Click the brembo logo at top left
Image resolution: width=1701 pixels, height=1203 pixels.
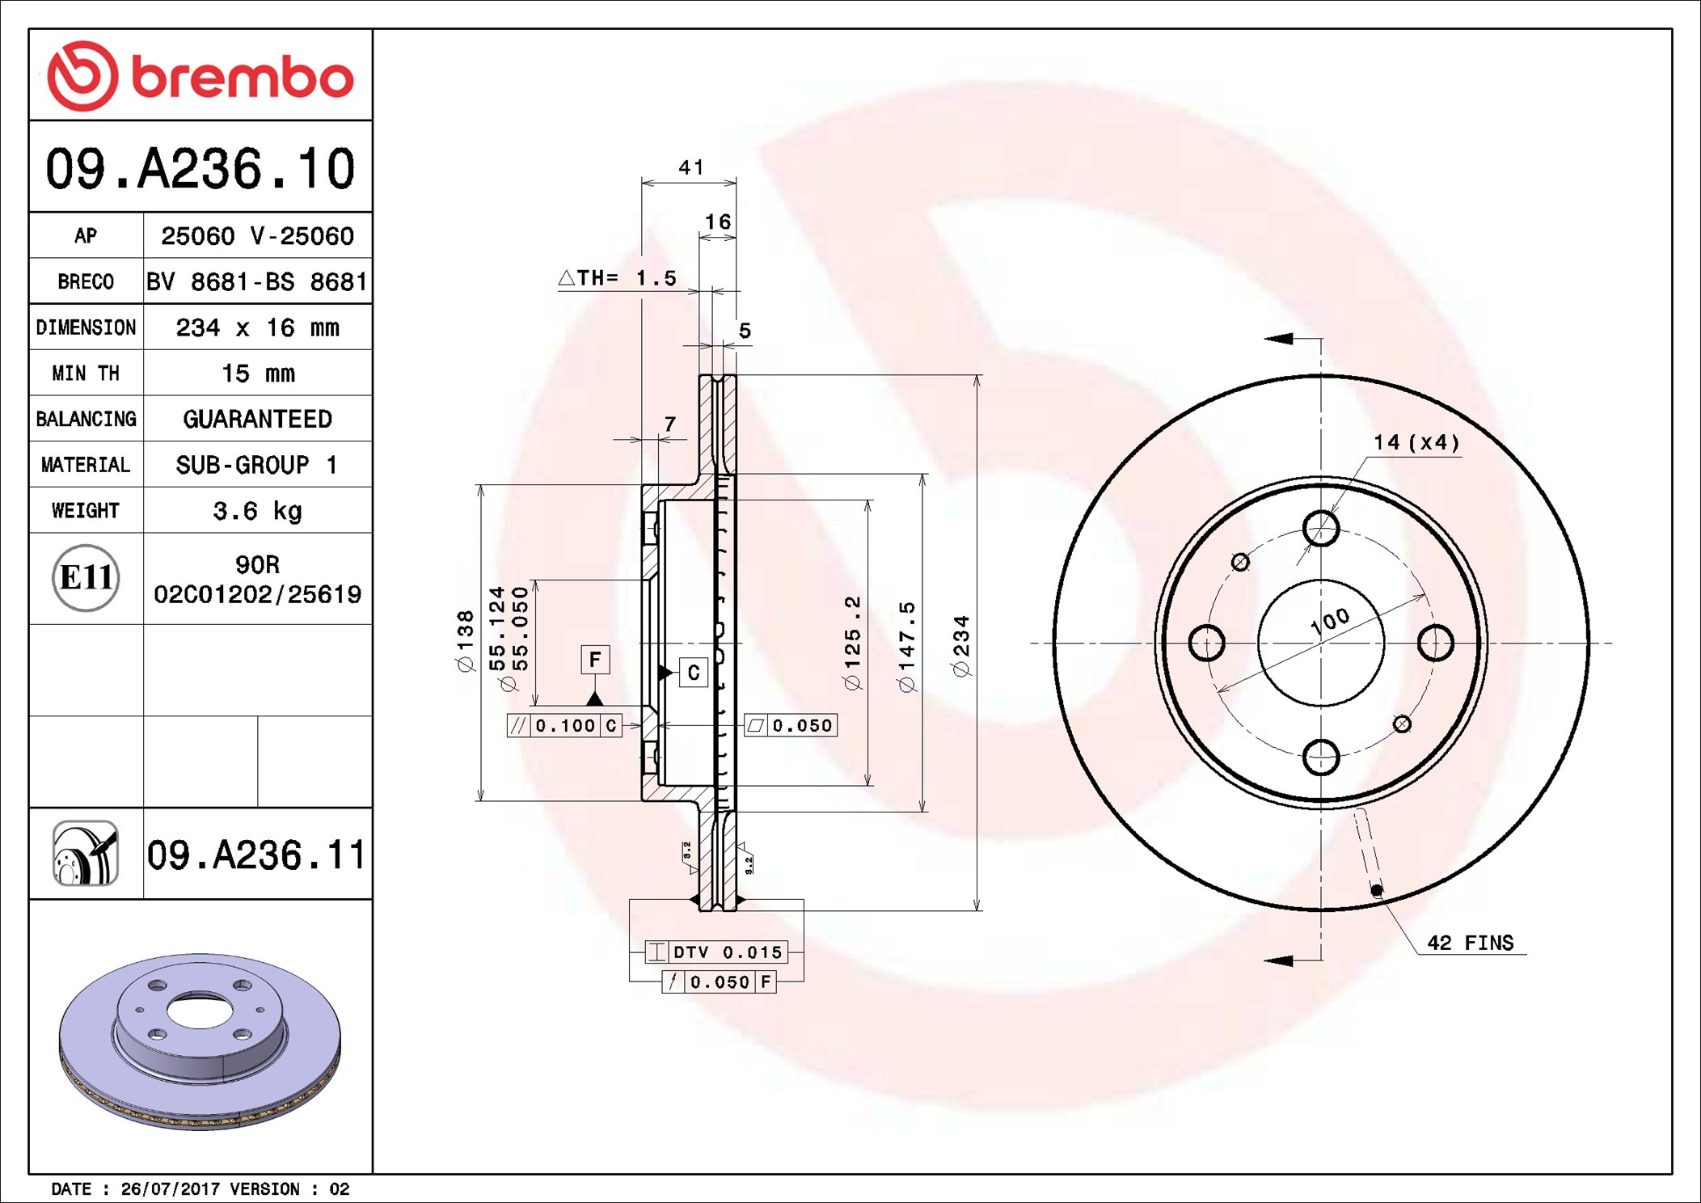[x=200, y=76]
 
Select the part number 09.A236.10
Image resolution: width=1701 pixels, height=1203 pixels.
[x=200, y=169]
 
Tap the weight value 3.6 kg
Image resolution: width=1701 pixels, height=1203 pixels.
[x=257, y=511]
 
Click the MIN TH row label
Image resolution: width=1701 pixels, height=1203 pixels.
[x=86, y=373]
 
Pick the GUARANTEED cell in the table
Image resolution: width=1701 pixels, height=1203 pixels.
[x=257, y=419]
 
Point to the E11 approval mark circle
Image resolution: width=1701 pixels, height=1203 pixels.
[x=86, y=578]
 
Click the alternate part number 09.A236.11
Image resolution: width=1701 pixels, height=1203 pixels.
[x=256, y=855]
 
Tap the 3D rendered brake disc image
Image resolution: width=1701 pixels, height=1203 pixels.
[x=200, y=1041]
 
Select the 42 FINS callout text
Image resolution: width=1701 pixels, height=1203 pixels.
[x=1470, y=943]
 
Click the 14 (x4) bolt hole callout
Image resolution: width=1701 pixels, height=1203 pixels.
[x=1416, y=442]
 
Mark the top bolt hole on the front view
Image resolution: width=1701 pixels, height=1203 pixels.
[x=1321, y=529]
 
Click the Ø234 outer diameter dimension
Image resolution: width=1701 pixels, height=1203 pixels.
[x=960, y=645]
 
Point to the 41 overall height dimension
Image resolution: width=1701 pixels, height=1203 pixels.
[x=691, y=167]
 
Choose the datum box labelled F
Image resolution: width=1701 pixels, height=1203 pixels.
[x=595, y=660]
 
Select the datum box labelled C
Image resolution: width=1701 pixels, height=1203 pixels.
[x=694, y=673]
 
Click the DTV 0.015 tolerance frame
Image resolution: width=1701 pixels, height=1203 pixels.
[x=716, y=952]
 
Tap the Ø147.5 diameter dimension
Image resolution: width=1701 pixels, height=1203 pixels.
[x=906, y=646]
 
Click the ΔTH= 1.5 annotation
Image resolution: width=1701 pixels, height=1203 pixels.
[x=618, y=278]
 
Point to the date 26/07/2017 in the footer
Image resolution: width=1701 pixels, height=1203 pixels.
[x=170, y=1188]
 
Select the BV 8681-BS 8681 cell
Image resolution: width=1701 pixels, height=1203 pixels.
[x=257, y=281]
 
